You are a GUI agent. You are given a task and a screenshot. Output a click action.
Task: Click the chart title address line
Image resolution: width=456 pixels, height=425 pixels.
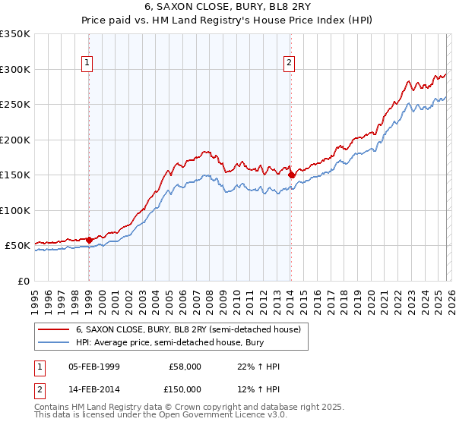tap(228, 8)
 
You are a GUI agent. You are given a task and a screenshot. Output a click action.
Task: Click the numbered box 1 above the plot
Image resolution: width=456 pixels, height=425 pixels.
tap(89, 63)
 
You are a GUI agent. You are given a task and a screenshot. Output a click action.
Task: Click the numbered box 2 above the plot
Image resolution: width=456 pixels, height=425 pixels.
tap(290, 63)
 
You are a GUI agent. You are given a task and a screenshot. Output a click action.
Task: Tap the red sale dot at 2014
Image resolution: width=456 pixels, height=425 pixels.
tap(291, 175)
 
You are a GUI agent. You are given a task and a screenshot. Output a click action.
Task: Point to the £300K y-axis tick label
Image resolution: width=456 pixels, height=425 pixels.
tap(15, 69)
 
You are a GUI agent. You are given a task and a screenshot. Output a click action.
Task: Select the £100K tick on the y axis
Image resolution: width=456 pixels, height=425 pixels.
tap(15, 210)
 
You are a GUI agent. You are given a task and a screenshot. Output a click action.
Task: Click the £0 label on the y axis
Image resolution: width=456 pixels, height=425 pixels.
tap(23, 281)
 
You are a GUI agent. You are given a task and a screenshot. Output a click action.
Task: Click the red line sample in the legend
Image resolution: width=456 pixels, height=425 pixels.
tap(54, 329)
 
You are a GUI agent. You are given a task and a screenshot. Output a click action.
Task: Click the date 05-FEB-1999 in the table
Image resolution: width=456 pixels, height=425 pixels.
tap(93, 367)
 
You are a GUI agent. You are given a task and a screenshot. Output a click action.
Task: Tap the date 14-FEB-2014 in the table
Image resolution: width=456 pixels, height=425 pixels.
tap(93, 389)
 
